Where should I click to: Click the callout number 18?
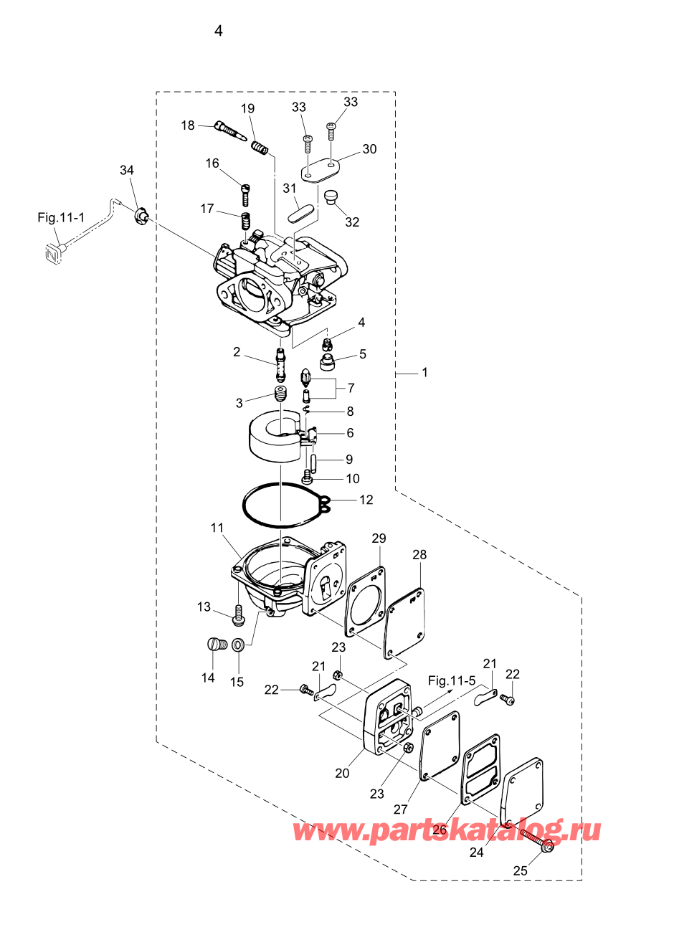(187, 125)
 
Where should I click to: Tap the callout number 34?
(127, 170)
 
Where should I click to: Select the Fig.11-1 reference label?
(61, 217)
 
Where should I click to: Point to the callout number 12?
(366, 500)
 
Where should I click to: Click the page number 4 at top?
(219, 31)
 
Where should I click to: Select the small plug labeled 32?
(330, 197)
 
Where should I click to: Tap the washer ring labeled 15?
(238, 645)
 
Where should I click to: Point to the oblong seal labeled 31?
(300, 212)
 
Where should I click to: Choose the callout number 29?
(379, 538)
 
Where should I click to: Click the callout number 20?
(342, 773)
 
